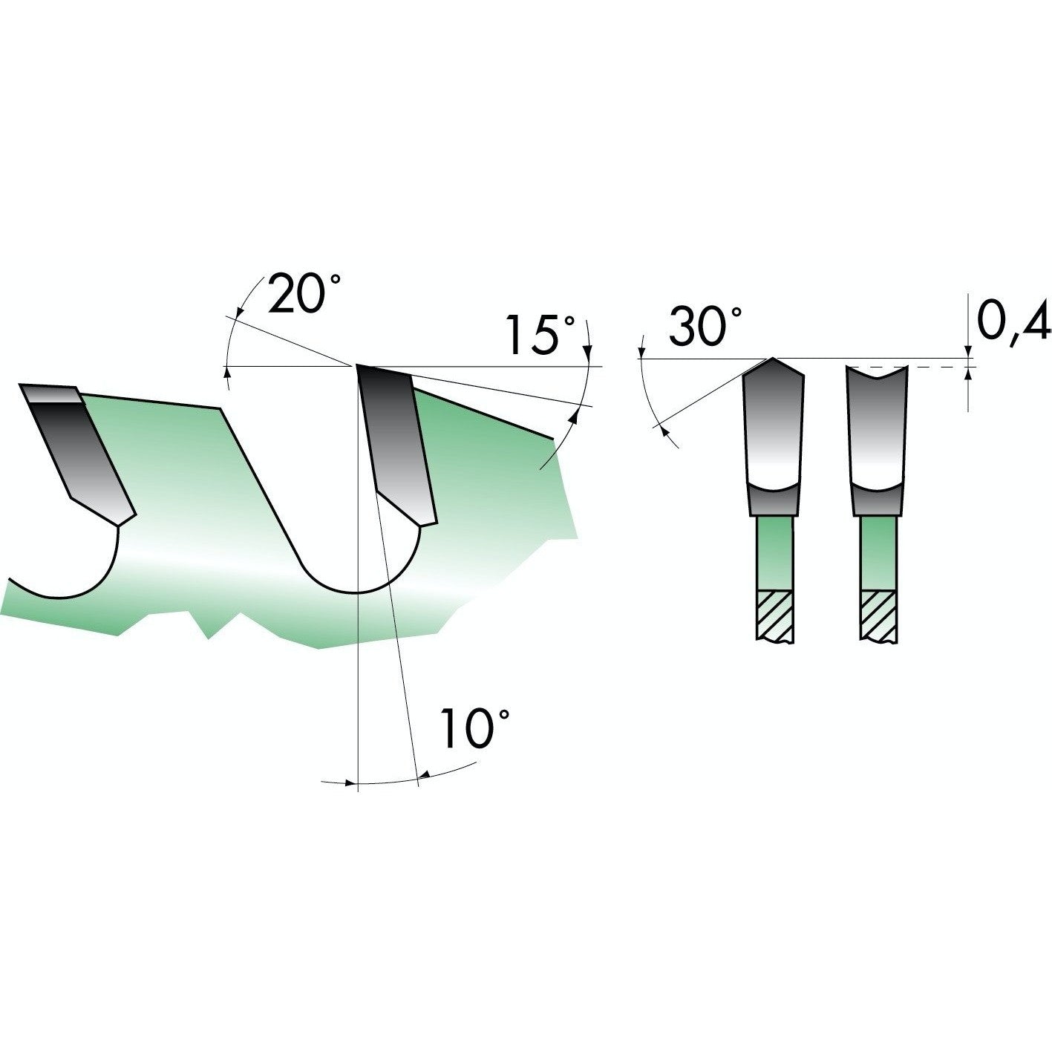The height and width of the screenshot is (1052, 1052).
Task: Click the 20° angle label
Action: coord(304,293)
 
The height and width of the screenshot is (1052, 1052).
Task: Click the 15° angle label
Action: coord(540,334)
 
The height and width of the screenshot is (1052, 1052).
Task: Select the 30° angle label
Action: coord(705,326)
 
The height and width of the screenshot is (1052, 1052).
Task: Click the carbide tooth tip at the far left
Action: coord(77,453)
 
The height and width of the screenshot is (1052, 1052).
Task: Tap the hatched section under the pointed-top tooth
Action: coord(774,615)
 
